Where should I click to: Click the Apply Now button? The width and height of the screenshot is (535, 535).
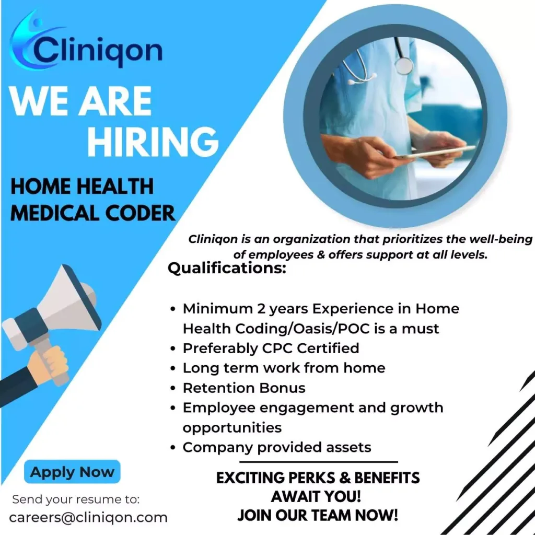(72, 472)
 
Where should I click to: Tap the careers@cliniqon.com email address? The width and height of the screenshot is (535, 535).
(88, 518)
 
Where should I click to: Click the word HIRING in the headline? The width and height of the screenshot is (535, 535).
(153, 142)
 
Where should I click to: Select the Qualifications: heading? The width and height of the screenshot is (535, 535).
(227, 268)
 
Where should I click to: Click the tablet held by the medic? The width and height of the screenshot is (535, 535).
(436, 152)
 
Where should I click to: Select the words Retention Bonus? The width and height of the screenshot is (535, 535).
(244, 388)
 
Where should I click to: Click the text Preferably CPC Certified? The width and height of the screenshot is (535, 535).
(271, 348)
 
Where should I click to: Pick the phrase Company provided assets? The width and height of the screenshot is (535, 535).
(277, 447)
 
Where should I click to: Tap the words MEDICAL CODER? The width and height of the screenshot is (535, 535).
(93, 213)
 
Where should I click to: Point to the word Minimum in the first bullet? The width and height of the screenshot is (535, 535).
(217, 308)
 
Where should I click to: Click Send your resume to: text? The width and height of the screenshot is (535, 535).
(76, 499)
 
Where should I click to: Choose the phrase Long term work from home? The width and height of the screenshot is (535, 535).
(284, 368)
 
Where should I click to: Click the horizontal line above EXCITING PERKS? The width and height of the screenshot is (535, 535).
(319, 462)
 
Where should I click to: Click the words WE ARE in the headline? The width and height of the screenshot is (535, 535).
(80, 101)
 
